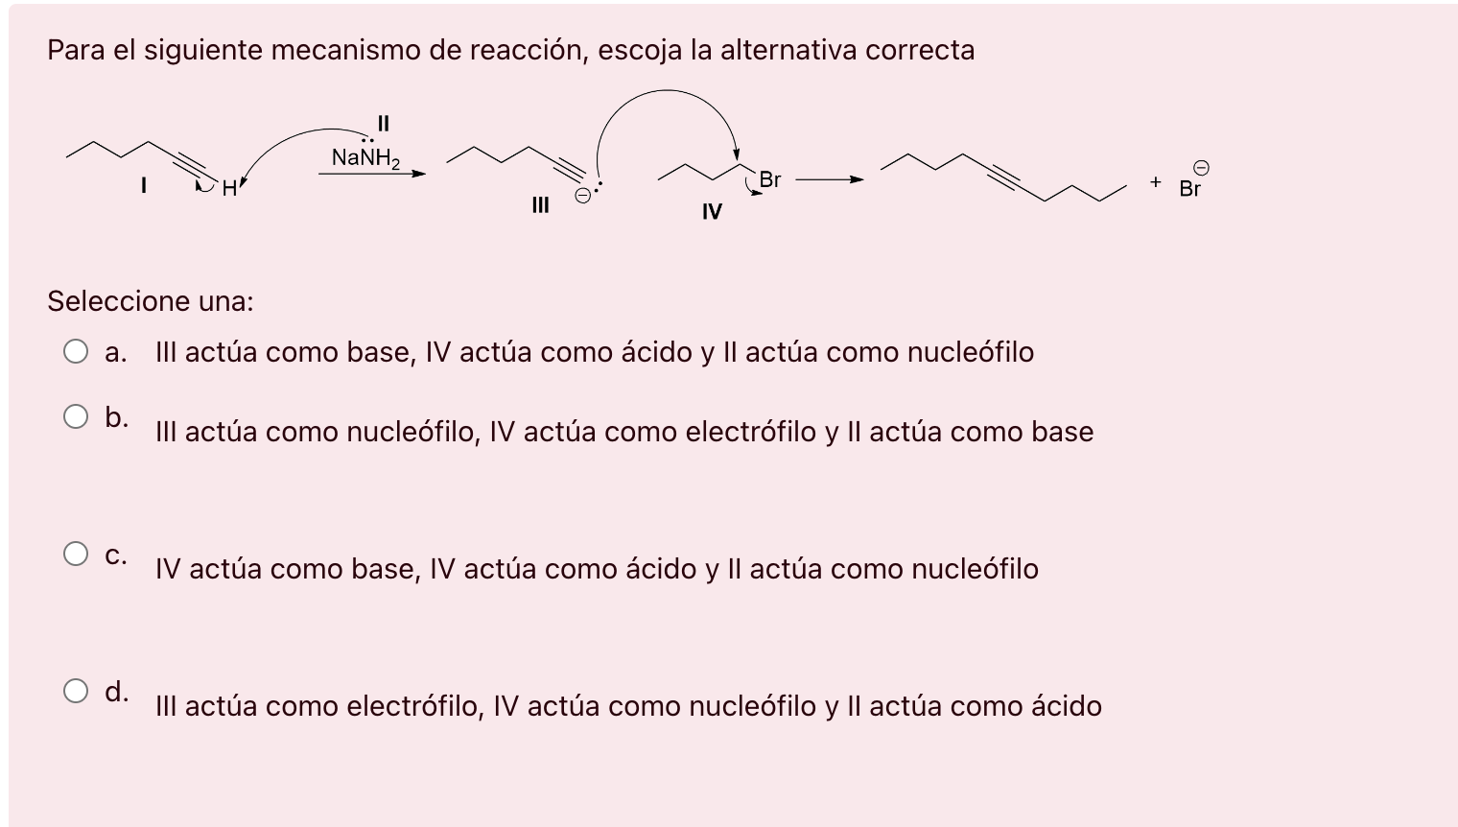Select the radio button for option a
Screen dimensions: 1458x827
(x=76, y=352)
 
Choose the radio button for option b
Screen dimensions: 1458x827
(x=76, y=416)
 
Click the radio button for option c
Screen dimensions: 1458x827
(x=76, y=554)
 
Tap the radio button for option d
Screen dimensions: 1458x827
(x=76, y=691)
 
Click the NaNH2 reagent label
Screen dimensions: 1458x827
(x=365, y=157)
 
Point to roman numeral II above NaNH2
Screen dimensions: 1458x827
(x=384, y=123)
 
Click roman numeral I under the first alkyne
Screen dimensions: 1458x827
(x=144, y=185)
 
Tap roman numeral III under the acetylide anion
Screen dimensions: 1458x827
(x=540, y=204)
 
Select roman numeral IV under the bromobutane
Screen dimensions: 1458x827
(x=711, y=211)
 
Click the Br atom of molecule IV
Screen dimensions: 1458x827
(x=769, y=179)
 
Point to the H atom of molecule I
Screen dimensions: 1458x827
(x=228, y=189)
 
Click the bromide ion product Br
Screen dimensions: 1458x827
(x=1189, y=189)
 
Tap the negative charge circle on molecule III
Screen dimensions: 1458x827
(x=582, y=196)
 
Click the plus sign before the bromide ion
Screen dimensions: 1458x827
(x=1156, y=181)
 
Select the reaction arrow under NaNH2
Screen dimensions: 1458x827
(x=371, y=175)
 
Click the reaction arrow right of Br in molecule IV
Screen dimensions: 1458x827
(x=829, y=179)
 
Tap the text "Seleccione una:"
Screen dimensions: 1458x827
(x=151, y=301)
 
